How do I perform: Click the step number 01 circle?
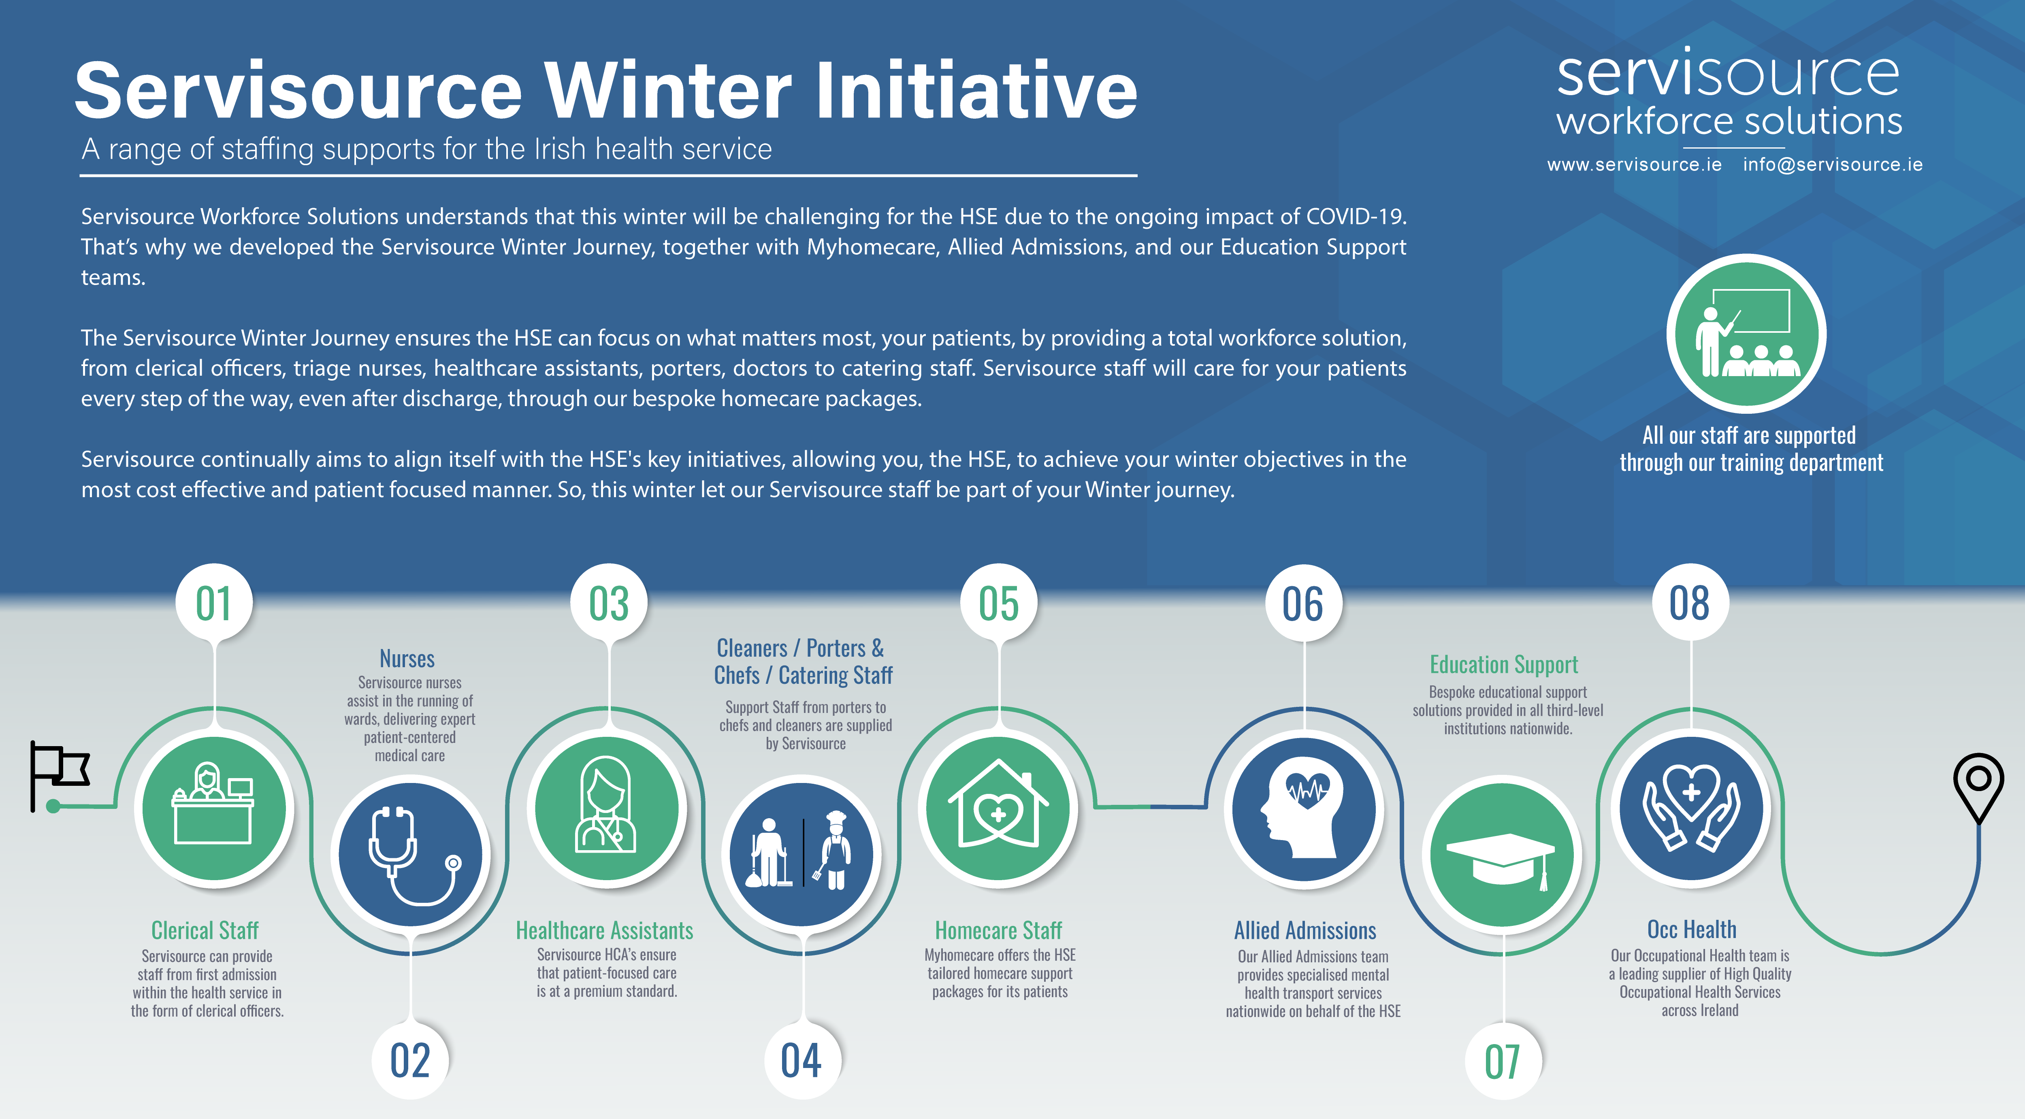(x=214, y=603)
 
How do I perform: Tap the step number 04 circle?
(x=802, y=1060)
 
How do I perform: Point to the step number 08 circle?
(x=1690, y=603)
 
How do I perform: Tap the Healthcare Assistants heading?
(x=605, y=930)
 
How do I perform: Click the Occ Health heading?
(x=1692, y=930)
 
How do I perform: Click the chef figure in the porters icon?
(x=835, y=852)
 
